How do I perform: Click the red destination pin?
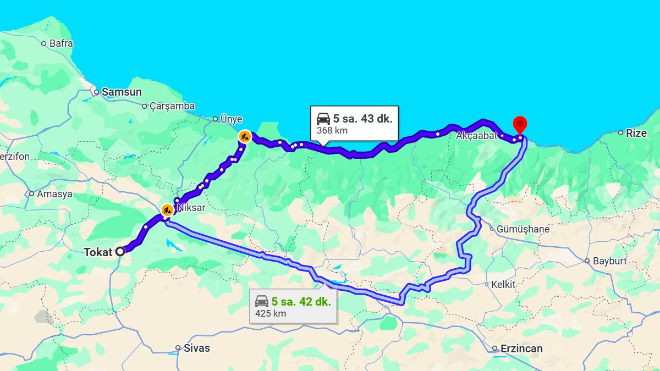pos(519,124)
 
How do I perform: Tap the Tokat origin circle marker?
pos(120,252)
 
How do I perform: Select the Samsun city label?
pos(122,92)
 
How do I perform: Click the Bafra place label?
pos(61,43)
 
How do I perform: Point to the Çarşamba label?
pos(172,106)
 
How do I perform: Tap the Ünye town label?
pos(231,119)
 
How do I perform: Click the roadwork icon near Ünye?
pos(245,136)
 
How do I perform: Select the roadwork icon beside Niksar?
pos(167,209)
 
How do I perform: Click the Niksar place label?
pos(191,208)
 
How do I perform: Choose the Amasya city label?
pos(54,194)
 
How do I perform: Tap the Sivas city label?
pos(197,348)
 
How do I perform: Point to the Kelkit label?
pos(504,285)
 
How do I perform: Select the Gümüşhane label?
pos(522,229)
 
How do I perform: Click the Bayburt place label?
pos(609,261)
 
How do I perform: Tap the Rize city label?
pos(636,133)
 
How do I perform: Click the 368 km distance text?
pos(332,131)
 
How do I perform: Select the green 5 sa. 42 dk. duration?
pos(301,302)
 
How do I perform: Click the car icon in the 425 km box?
pos(262,301)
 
